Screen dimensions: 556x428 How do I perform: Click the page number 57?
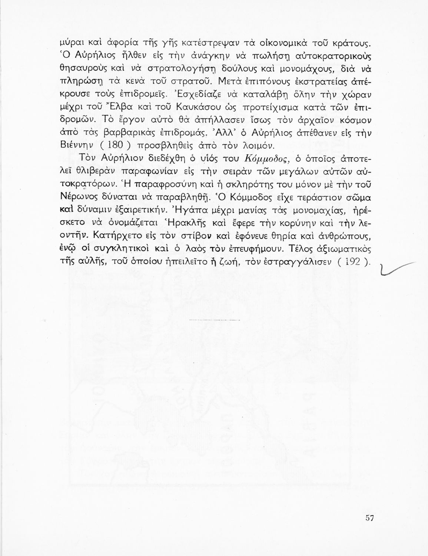click(x=368, y=518)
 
